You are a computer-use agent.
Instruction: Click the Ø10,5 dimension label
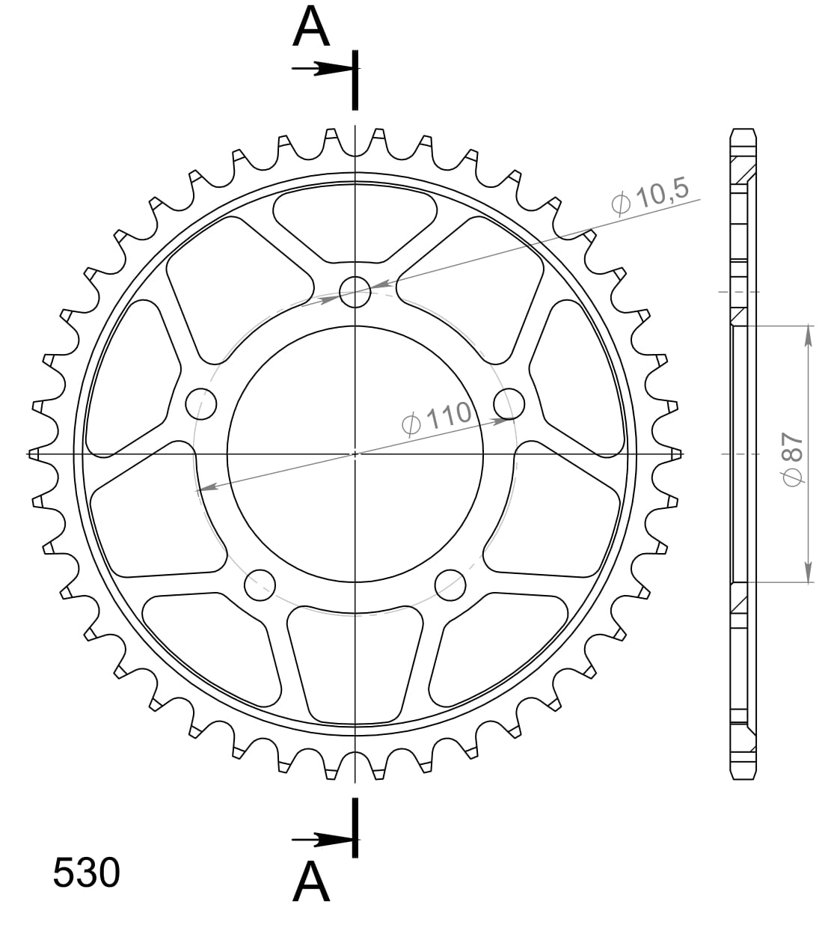[x=649, y=198]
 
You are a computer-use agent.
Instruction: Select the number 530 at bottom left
[x=86, y=873]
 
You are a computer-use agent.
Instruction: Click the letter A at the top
[x=311, y=29]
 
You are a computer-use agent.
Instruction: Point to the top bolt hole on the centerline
[x=355, y=292]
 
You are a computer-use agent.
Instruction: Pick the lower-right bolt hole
[x=450, y=585]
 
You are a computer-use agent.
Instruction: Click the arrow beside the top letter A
[x=322, y=70]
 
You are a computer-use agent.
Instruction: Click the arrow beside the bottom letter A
[x=322, y=839]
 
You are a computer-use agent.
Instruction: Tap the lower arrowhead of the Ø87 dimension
[x=808, y=572]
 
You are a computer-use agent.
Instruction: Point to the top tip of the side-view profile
[x=742, y=131]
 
